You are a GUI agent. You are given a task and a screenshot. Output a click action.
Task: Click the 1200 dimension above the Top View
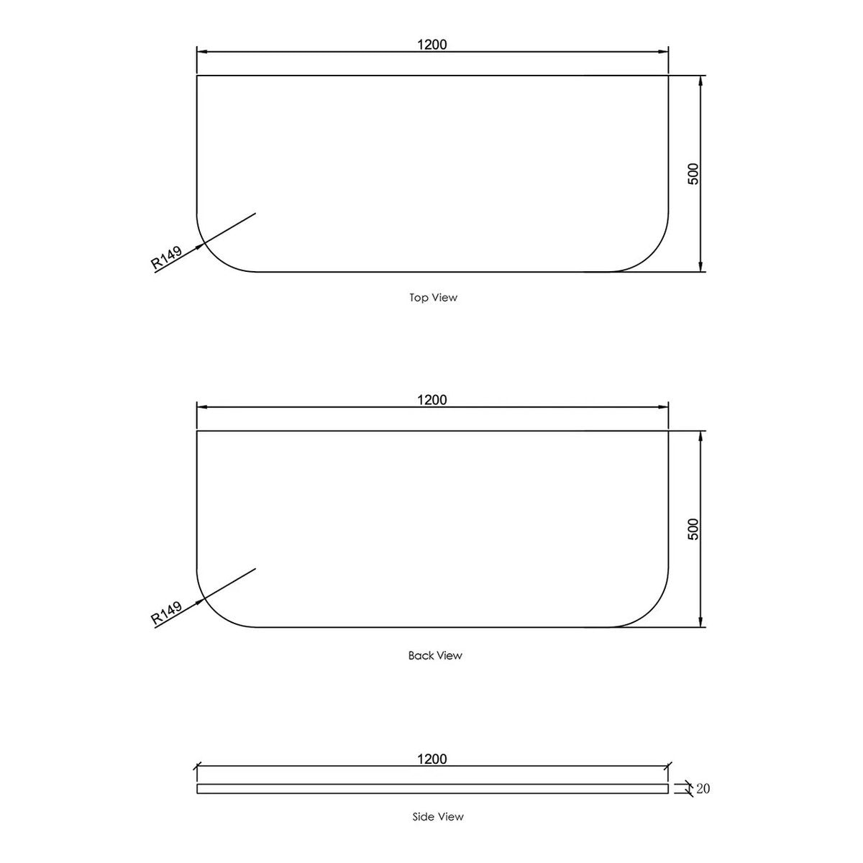coord(431,45)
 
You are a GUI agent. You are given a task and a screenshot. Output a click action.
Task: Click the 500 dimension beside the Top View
coord(693,174)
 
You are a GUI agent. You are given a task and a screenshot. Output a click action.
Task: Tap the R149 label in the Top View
coord(167,257)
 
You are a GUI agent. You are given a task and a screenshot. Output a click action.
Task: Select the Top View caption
coord(433,297)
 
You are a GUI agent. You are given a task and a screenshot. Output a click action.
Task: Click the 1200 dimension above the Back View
coord(431,399)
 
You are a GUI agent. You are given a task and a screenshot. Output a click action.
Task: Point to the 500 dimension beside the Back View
coord(693,529)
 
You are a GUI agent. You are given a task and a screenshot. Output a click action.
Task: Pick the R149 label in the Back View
coord(167,613)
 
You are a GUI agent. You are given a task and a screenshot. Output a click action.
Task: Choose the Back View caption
coord(435,656)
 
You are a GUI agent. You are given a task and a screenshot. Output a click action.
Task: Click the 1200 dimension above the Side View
coord(431,759)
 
